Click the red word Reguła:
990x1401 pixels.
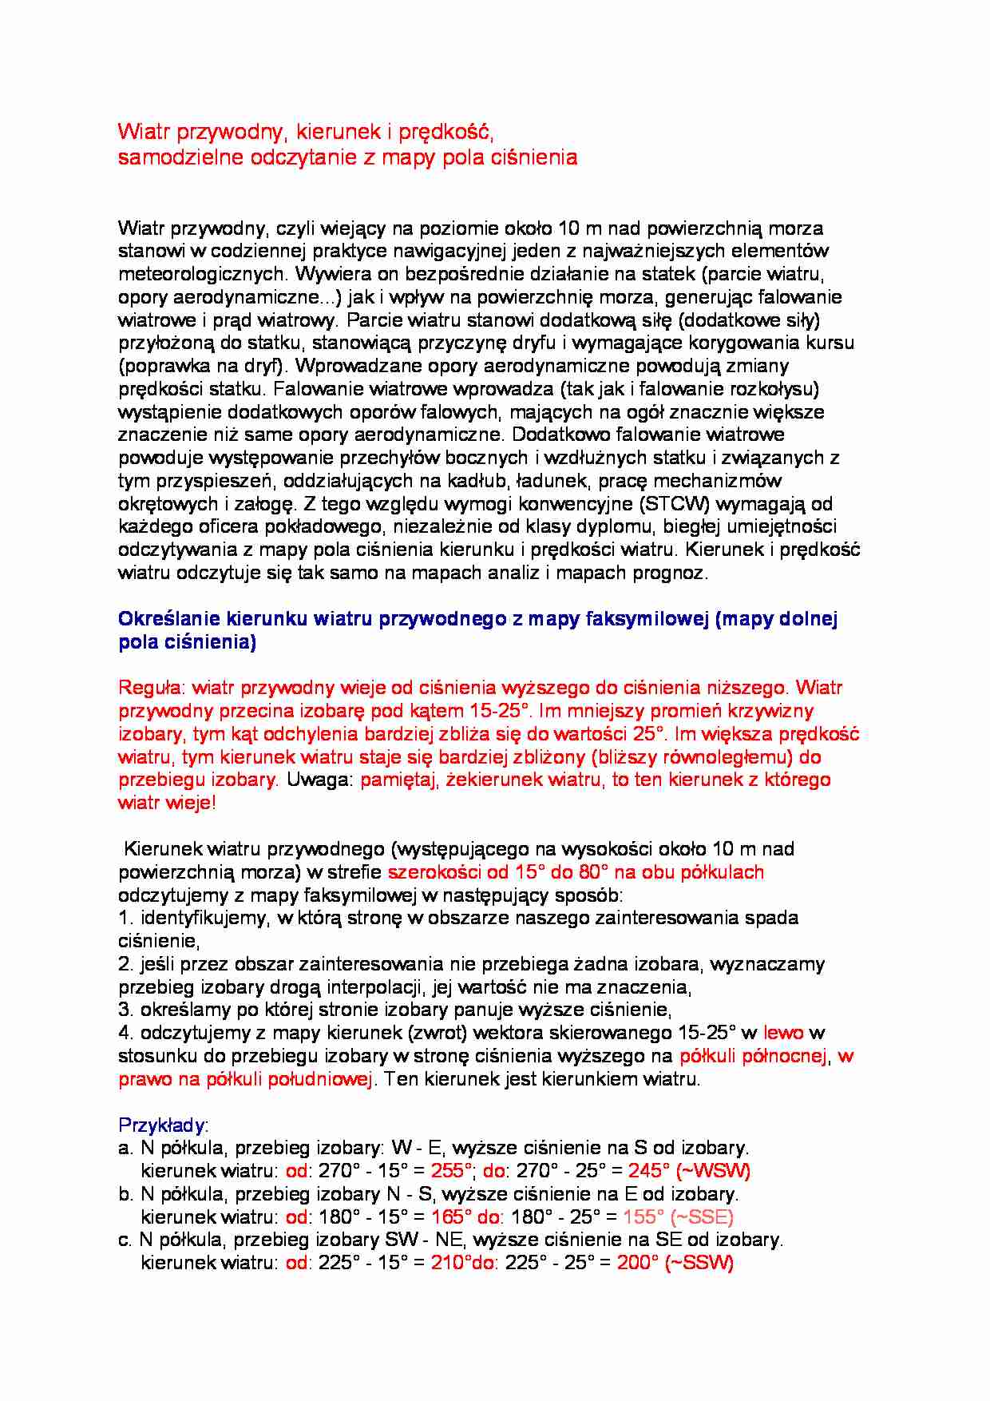(152, 688)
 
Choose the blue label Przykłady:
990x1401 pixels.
(163, 1125)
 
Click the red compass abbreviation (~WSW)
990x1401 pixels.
(713, 1171)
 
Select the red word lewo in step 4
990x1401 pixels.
(783, 1033)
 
